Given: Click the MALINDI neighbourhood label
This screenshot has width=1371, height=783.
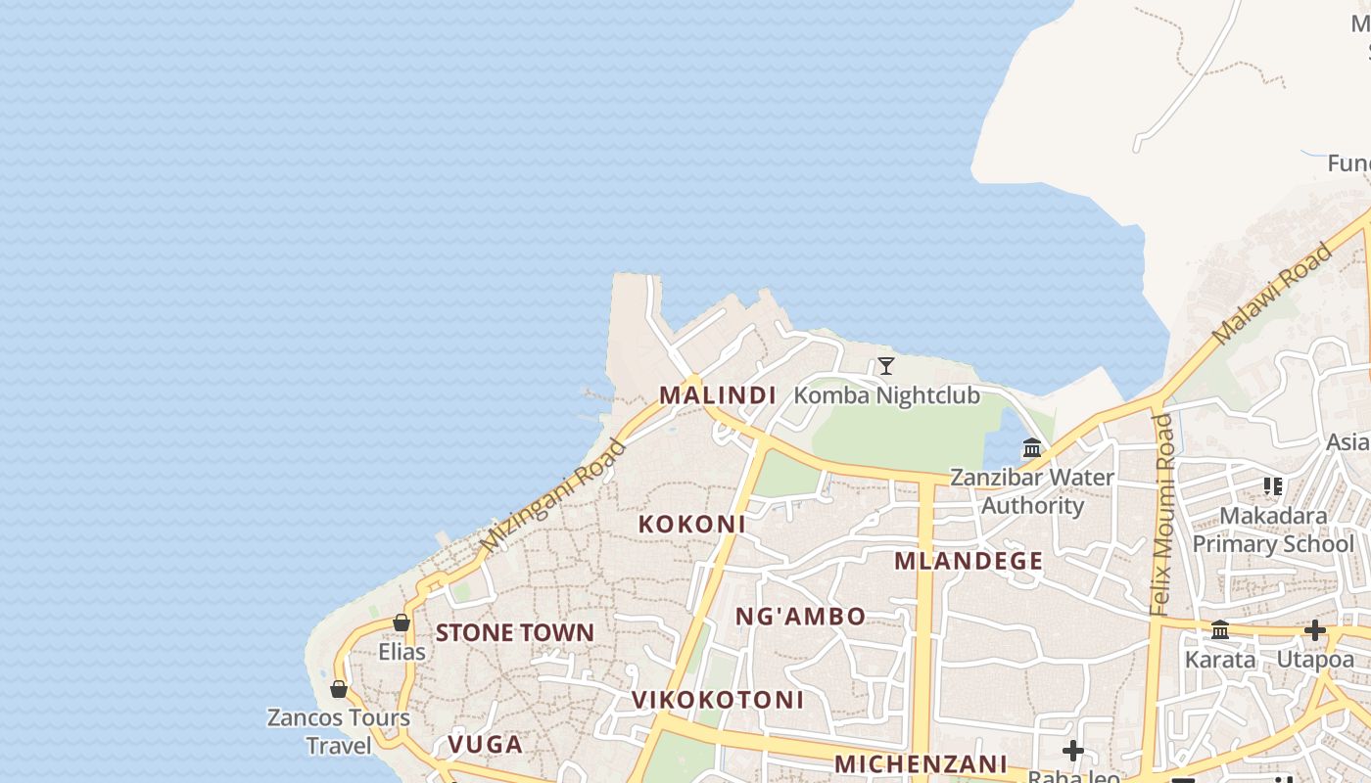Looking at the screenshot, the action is click(x=717, y=395).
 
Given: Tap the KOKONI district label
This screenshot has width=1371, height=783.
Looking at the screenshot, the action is click(x=691, y=524).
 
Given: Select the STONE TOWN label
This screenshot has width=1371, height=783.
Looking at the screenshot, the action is click(x=514, y=632).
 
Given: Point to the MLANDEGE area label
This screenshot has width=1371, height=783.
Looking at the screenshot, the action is click(x=968, y=561).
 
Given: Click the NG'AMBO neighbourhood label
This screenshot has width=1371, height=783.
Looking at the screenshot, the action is click(x=800, y=616).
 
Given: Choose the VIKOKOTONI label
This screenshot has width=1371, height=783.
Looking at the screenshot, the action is click(x=717, y=700).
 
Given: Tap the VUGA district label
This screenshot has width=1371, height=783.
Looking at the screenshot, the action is click(x=485, y=744).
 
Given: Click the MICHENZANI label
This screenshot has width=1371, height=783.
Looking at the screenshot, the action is click(x=921, y=763).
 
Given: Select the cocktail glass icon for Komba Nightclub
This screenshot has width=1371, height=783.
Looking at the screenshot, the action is click(x=886, y=366).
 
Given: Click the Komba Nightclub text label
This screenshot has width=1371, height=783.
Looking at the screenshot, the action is click(x=886, y=395).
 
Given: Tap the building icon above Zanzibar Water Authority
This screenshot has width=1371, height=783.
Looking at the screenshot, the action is click(x=1032, y=448).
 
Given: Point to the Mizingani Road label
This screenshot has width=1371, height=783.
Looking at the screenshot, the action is click(x=552, y=495).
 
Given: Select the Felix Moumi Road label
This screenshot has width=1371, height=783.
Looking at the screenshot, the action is click(x=1161, y=514).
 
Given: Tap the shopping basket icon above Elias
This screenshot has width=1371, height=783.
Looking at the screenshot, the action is click(x=402, y=622).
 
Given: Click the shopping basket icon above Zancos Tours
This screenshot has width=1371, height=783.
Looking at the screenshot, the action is click(x=339, y=689).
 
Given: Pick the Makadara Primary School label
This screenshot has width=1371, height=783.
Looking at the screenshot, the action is click(x=1273, y=530).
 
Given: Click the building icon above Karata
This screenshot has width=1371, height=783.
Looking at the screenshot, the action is click(x=1220, y=630).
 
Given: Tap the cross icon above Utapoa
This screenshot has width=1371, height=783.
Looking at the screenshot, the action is click(x=1314, y=630).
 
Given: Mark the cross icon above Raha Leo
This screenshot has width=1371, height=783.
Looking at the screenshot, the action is click(x=1073, y=751).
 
